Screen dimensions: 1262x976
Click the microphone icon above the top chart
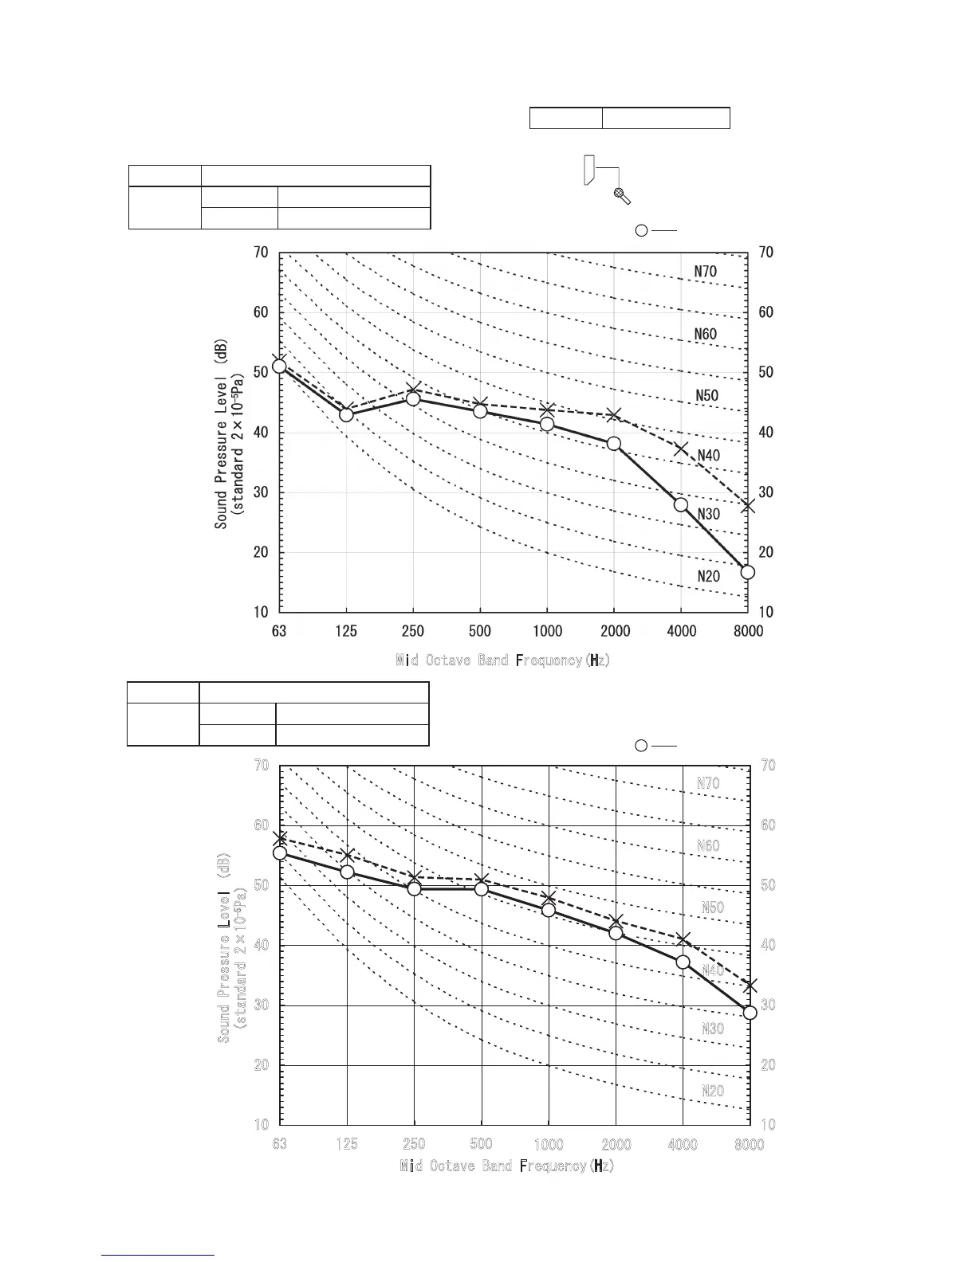(622, 195)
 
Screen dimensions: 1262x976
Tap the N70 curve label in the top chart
(705, 271)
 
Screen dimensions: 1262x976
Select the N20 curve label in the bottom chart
(712, 1091)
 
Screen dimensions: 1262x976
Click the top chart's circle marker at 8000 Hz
(747, 572)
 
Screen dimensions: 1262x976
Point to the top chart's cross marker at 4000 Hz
(680, 449)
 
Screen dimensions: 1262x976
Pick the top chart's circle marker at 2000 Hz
(614, 444)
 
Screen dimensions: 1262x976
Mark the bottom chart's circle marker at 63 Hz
(280, 853)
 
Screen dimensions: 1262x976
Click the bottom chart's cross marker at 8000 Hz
(750, 986)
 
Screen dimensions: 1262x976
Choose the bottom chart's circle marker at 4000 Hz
(683, 962)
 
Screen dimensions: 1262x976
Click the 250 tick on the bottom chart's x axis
(414, 1144)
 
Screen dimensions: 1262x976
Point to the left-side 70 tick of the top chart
(261, 253)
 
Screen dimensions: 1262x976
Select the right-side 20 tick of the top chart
(765, 552)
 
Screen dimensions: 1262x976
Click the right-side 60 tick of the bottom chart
(768, 825)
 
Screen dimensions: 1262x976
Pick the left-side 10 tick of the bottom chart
(262, 1125)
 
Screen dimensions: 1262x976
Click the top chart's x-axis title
(503, 660)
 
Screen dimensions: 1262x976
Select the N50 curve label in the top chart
(706, 395)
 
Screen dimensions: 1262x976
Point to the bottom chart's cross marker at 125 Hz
(347, 856)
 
